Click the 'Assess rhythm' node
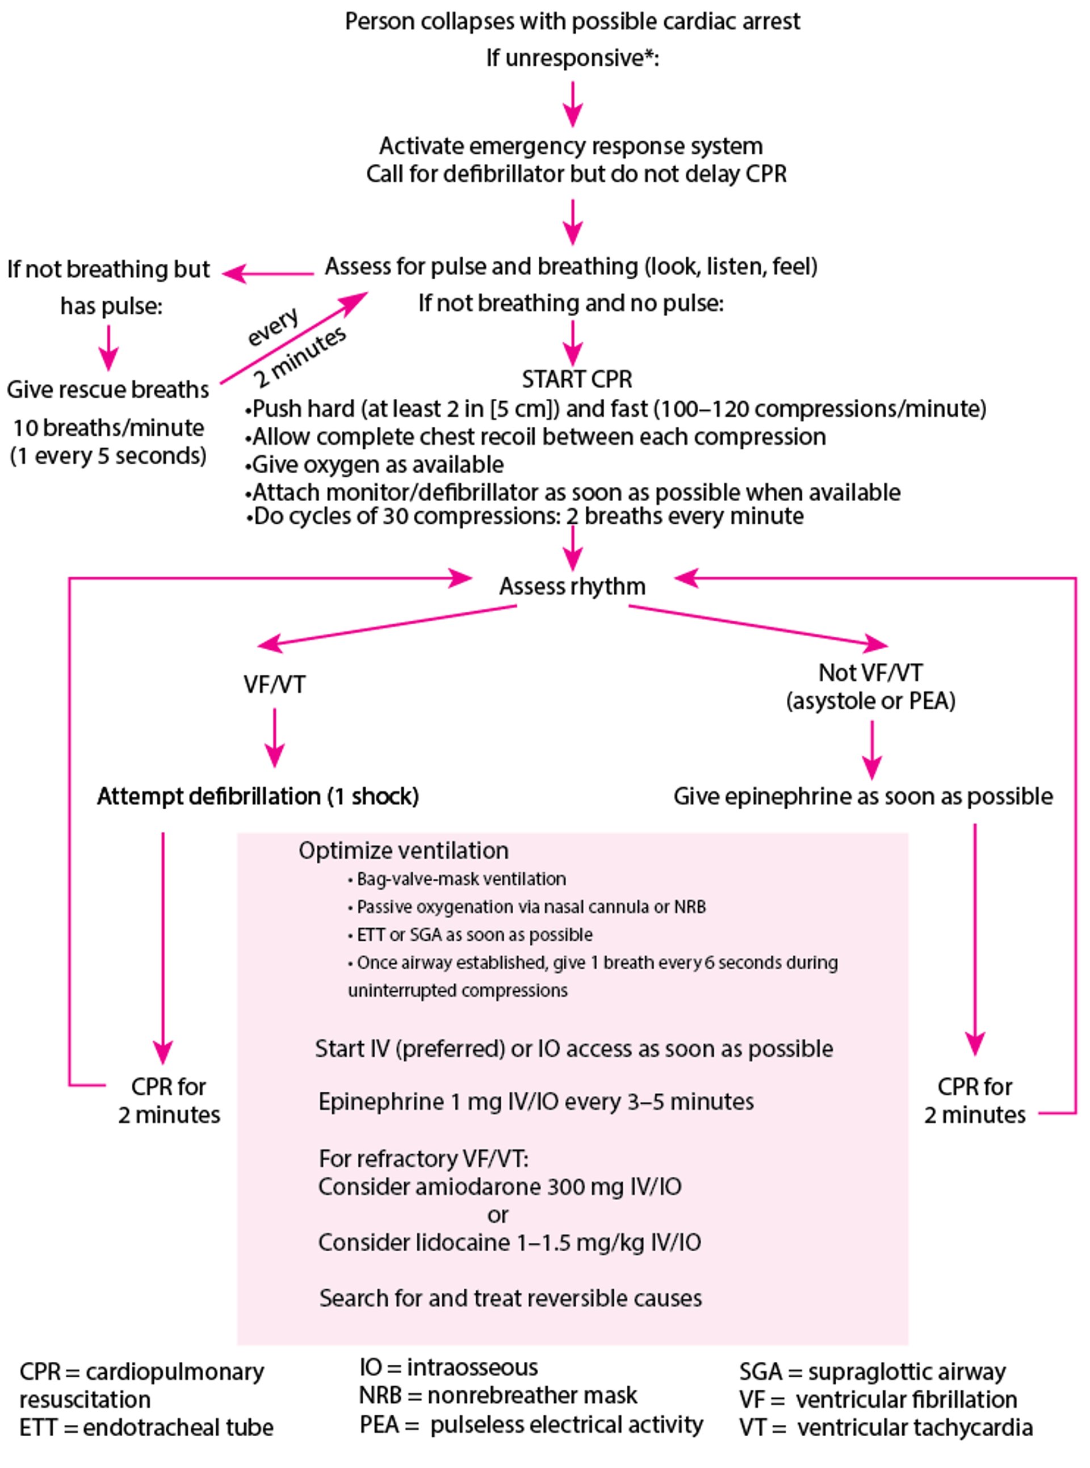point(572,586)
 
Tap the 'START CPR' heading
point(577,379)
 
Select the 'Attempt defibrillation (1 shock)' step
point(258,796)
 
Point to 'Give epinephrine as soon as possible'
point(863,796)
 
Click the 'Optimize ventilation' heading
point(403,850)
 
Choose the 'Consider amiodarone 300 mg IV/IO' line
point(500,1187)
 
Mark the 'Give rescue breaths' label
point(107,389)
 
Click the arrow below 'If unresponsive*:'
point(573,103)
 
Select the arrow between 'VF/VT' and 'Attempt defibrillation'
point(274,737)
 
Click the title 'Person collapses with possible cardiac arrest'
point(572,21)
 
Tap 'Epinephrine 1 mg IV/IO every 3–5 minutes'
point(536,1101)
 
